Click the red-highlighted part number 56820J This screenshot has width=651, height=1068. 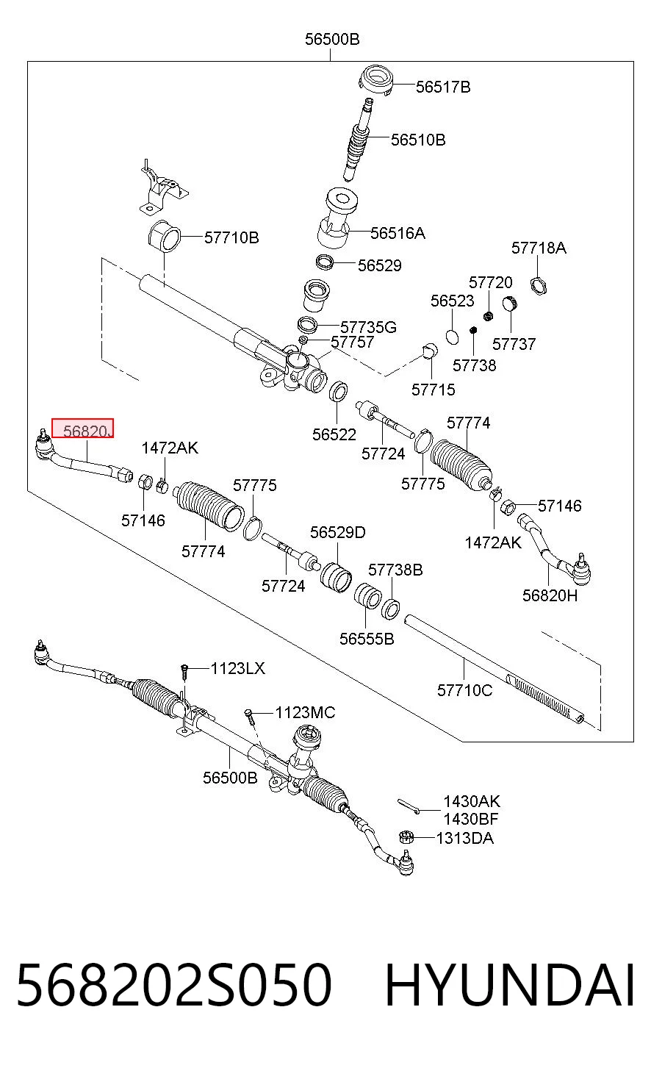pos(87,431)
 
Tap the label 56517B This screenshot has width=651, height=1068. pos(443,87)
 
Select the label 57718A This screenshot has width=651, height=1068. pos(539,248)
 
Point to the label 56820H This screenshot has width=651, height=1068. pos(550,595)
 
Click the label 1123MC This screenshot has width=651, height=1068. pos(306,713)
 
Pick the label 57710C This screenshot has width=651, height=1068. pos(464,690)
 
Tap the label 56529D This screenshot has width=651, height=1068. pos(338,532)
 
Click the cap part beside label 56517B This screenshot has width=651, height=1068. pos(376,79)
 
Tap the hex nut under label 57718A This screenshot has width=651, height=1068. pos(539,286)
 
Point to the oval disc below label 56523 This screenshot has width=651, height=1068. pos(453,337)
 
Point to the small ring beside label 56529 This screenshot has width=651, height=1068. pos(325,262)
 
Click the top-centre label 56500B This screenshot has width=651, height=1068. pos(332,39)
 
